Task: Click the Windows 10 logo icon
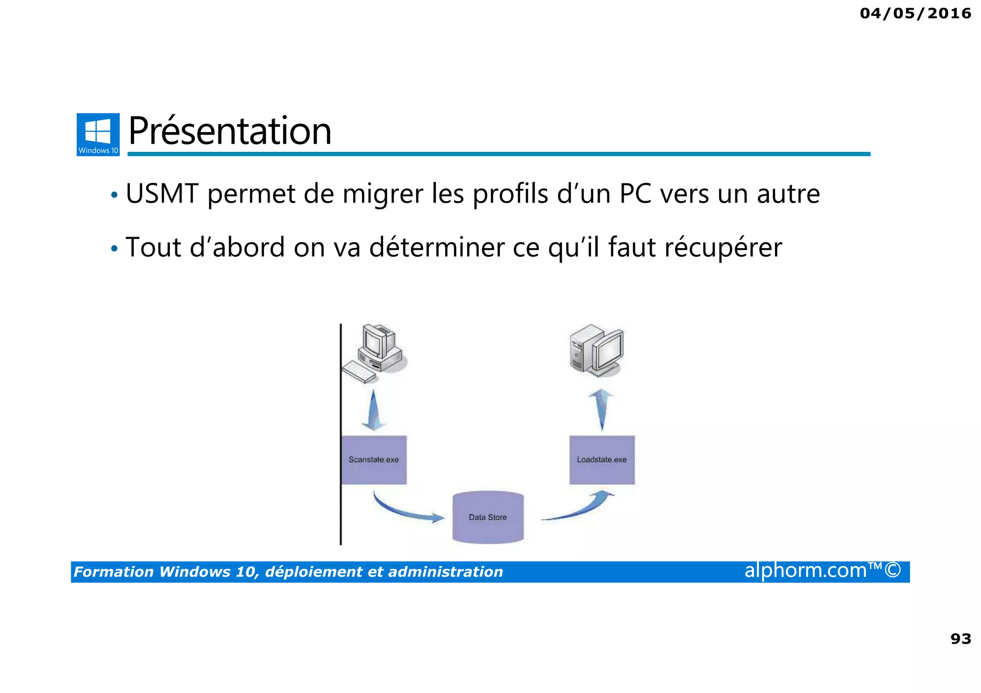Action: (x=98, y=134)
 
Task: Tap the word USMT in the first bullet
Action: (x=162, y=194)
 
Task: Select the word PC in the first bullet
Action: (x=635, y=194)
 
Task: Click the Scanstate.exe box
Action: (x=374, y=460)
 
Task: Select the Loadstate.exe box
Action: (x=602, y=460)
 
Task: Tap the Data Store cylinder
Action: (x=488, y=517)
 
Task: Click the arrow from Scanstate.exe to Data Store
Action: (x=407, y=511)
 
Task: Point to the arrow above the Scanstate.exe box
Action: (x=374, y=411)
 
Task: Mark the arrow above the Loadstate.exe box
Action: (x=602, y=409)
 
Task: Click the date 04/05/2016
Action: (x=915, y=13)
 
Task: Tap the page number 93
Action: (x=960, y=638)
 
